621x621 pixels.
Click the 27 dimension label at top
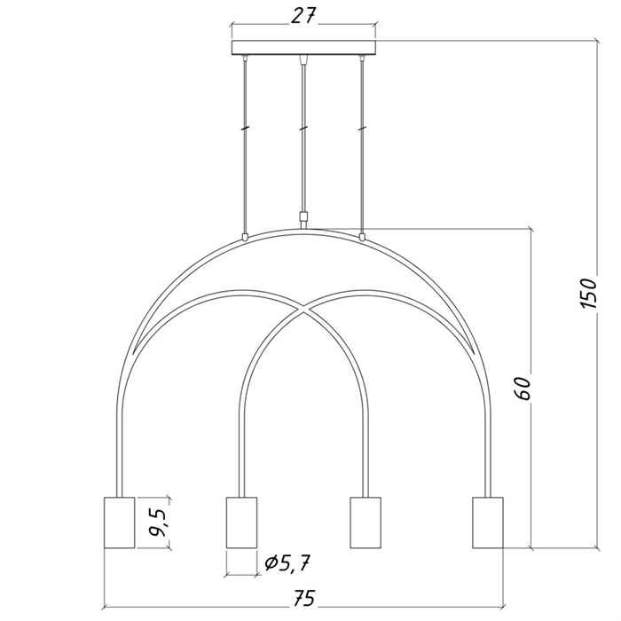click(303, 16)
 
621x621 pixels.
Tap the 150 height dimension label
click(587, 293)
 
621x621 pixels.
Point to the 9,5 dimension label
click(158, 523)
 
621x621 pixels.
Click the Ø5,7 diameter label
click(287, 562)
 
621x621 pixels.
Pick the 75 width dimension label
click(304, 598)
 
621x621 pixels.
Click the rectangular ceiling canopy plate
click(303, 48)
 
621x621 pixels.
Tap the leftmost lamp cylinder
click(119, 523)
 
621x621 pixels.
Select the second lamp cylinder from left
click(241, 523)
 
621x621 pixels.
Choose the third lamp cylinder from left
click(366, 523)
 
